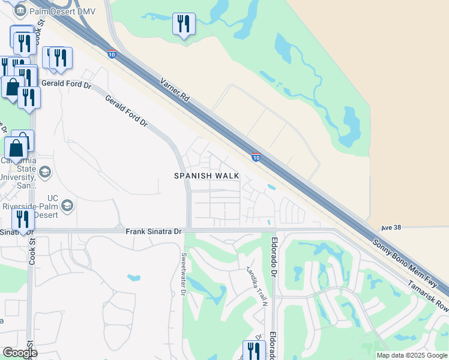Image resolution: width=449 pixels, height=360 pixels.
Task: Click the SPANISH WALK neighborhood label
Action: click(x=206, y=176)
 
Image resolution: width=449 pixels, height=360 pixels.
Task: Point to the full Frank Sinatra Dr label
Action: click(x=154, y=230)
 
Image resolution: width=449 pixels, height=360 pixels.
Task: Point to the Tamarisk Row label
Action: click(x=427, y=294)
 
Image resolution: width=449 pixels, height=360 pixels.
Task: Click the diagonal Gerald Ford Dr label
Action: click(x=127, y=113)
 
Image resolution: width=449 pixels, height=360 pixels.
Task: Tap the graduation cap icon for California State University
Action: click(x=44, y=173)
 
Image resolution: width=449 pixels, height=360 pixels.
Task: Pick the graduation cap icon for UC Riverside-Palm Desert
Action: click(x=67, y=206)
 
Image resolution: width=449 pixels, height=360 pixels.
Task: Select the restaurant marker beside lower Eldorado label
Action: click(x=254, y=350)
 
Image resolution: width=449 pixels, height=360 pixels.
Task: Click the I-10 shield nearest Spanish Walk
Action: click(x=256, y=157)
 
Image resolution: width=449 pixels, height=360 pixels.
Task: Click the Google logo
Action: click(x=20, y=353)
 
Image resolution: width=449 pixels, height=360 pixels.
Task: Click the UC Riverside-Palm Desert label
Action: click(x=36, y=206)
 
